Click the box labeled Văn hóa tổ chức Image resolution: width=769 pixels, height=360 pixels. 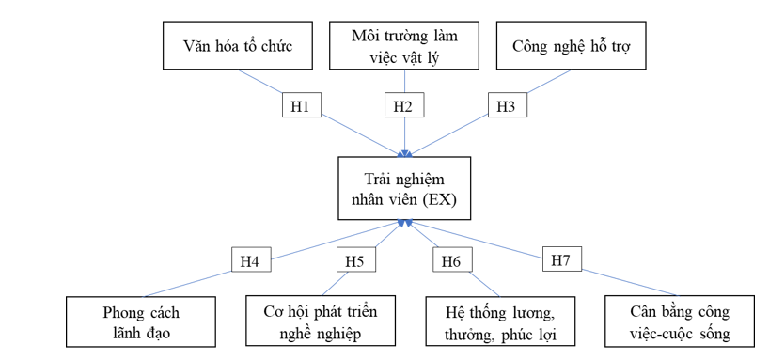coord(237,46)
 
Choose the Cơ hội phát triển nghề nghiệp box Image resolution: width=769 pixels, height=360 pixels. coord(313,321)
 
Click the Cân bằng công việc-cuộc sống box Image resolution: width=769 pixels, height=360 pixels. coord(681,321)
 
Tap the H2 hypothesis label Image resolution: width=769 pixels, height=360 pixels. coord(402,106)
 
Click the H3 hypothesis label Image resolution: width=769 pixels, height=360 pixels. coord(505,106)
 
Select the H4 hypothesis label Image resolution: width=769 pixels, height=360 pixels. coord(249,261)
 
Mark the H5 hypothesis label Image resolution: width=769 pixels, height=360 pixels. coord(353,261)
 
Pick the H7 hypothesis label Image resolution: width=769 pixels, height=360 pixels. coord(561,258)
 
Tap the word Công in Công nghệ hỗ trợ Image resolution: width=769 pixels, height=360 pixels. coord(532,46)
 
